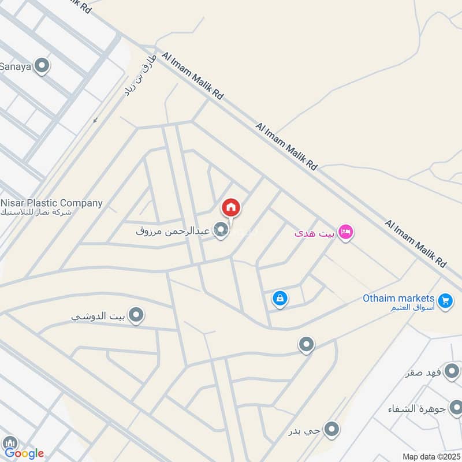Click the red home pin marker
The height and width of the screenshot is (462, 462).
tap(231, 207)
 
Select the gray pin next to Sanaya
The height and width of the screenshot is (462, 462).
tap(42, 66)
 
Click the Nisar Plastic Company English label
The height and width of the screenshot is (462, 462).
tap(52, 203)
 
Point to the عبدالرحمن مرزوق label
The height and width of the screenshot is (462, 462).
tap(174, 231)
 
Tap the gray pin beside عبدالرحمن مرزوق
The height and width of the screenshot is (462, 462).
tap(221, 230)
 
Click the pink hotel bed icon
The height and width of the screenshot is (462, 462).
tap(346, 232)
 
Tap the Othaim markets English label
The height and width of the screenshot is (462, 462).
tap(398, 298)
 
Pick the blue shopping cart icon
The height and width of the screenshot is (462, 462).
tap(445, 300)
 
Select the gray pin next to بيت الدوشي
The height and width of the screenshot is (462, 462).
tap(136, 315)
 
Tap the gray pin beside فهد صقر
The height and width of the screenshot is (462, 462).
tap(452, 371)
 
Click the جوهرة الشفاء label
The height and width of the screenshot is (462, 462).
tap(416, 409)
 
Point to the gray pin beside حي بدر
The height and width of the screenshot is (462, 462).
tap(331, 429)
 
